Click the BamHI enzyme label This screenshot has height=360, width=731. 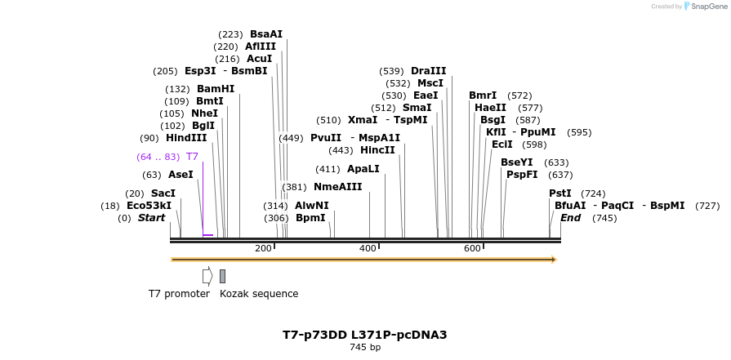pyautogui.click(x=216, y=89)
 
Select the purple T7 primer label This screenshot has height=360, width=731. pyautogui.click(x=192, y=157)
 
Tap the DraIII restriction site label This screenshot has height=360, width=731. pyautogui.click(x=429, y=71)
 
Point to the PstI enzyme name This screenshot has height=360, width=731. pyautogui.click(x=560, y=193)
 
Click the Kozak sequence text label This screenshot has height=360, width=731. pyautogui.click(x=259, y=294)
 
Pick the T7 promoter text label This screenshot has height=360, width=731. pyautogui.click(x=179, y=294)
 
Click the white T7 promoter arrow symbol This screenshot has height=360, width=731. pyautogui.click(x=207, y=276)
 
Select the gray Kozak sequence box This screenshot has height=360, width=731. pyautogui.click(x=222, y=276)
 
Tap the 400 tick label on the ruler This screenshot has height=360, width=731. pyautogui.click(x=368, y=248)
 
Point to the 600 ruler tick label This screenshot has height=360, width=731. pyautogui.click(x=472, y=248)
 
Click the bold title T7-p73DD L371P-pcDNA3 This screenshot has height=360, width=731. pyautogui.click(x=365, y=335)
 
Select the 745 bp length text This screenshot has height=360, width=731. pyautogui.click(x=365, y=348)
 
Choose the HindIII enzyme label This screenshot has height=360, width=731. pyautogui.click(x=186, y=138)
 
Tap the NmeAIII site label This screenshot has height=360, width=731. pyautogui.click(x=338, y=187)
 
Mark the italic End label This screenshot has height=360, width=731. pyautogui.click(x=570, y=218)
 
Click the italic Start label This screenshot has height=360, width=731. pyautogui.click(x=151, y=218)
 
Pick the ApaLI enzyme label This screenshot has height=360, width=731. pyautogui.click(x=363, y=169)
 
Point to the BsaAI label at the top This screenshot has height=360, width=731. pyautogui.click(x=266, y=34)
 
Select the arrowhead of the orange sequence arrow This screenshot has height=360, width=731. pyautogui.click(x=554, y=260)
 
